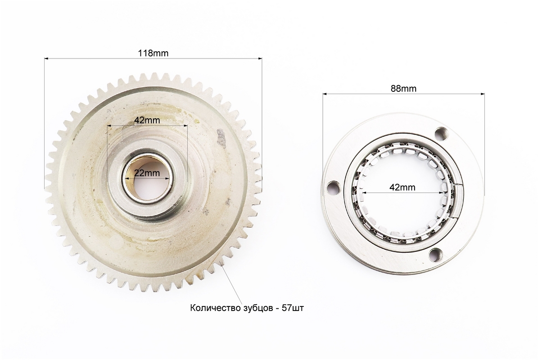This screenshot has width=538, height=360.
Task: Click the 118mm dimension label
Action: click(x=153, y=53)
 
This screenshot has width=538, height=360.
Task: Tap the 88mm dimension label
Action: click(x=403, y=89)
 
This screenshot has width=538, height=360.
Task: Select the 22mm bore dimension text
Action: click(x=147, y=173)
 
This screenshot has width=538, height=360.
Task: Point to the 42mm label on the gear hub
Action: click(x=147, y=120)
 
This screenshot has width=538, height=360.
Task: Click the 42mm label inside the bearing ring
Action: click(x=402, y=187)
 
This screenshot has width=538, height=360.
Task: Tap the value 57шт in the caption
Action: click(x=292, y=308)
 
